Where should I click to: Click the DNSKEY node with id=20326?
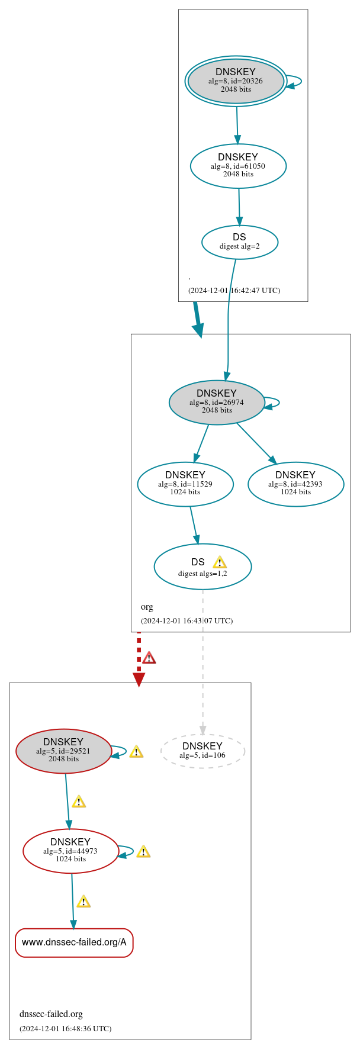[236, 81]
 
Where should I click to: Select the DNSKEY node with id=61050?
[238, 166]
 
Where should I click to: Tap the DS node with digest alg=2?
[239, 242]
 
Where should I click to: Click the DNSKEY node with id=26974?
[217, 402]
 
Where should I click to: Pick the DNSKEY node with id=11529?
[185, 484]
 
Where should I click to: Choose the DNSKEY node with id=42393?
[295, 484]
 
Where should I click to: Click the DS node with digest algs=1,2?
[202, 567]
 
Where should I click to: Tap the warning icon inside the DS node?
[220, 562]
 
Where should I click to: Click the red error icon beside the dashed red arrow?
[149, 658]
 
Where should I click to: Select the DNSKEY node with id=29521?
[64, 751]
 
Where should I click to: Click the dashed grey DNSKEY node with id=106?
[202, 751]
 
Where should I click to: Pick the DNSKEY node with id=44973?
[70, 851]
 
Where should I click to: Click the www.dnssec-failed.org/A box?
[74, 942]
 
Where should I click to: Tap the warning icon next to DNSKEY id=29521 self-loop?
[136, 752]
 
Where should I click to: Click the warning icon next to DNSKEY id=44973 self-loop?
[143, 852]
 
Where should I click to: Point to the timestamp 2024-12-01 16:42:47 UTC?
[234, 291]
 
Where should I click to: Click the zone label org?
[147, 607]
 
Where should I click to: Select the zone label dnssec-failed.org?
[51, 1014]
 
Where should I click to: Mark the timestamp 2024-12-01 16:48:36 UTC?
[65, 1029]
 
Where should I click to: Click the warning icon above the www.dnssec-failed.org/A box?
[83, 902]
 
